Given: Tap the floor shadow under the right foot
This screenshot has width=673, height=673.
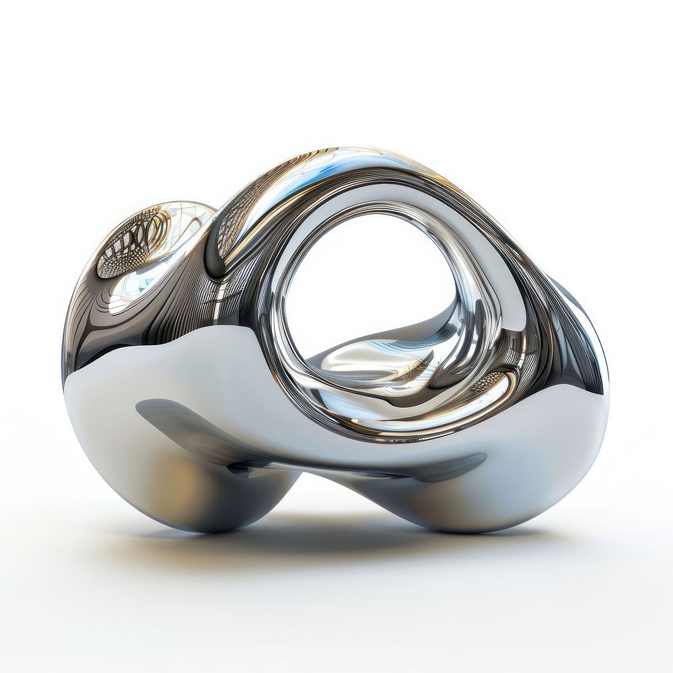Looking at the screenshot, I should coord(471,538).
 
